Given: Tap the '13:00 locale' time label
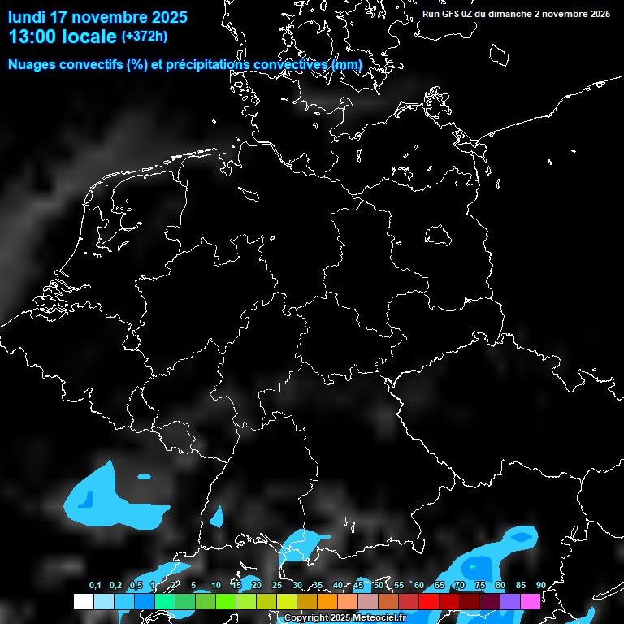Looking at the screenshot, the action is coord(63,37).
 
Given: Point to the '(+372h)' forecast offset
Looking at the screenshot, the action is coord(145,37).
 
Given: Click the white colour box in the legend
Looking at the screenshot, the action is coord(83,601).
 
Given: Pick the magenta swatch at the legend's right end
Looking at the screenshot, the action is coord(530,601).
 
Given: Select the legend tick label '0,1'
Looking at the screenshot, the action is coord(95,585).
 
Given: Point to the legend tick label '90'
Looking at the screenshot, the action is coord(540,585).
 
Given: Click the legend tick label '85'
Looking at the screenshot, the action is coord(520,585).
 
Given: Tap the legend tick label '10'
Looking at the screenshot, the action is coord(215,585).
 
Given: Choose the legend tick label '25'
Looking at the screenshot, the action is coord(276,585).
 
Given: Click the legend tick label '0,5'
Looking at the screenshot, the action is coord(136,585).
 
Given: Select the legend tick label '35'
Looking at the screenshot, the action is coord(317,585).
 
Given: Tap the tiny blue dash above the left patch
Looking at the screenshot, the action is coord(144,476).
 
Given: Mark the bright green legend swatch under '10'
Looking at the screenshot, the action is coord(225,601).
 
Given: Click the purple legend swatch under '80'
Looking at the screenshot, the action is coord(509,601).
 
